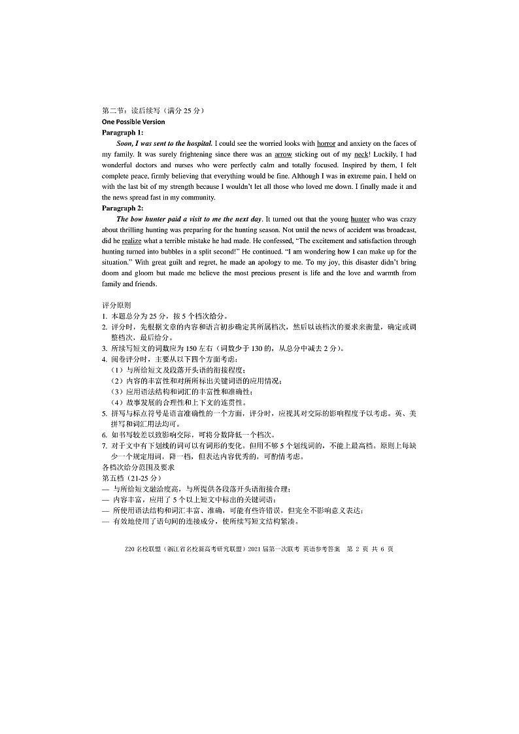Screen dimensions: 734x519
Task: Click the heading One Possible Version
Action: pyautogui.click(x=133, y=122)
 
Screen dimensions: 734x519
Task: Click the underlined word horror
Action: pyautogui.click(x=326, y=143)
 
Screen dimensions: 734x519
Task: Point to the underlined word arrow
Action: pyautogui.click(x=283, y=154)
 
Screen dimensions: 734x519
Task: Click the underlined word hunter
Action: pyautogui.click(x=360, y=219)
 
